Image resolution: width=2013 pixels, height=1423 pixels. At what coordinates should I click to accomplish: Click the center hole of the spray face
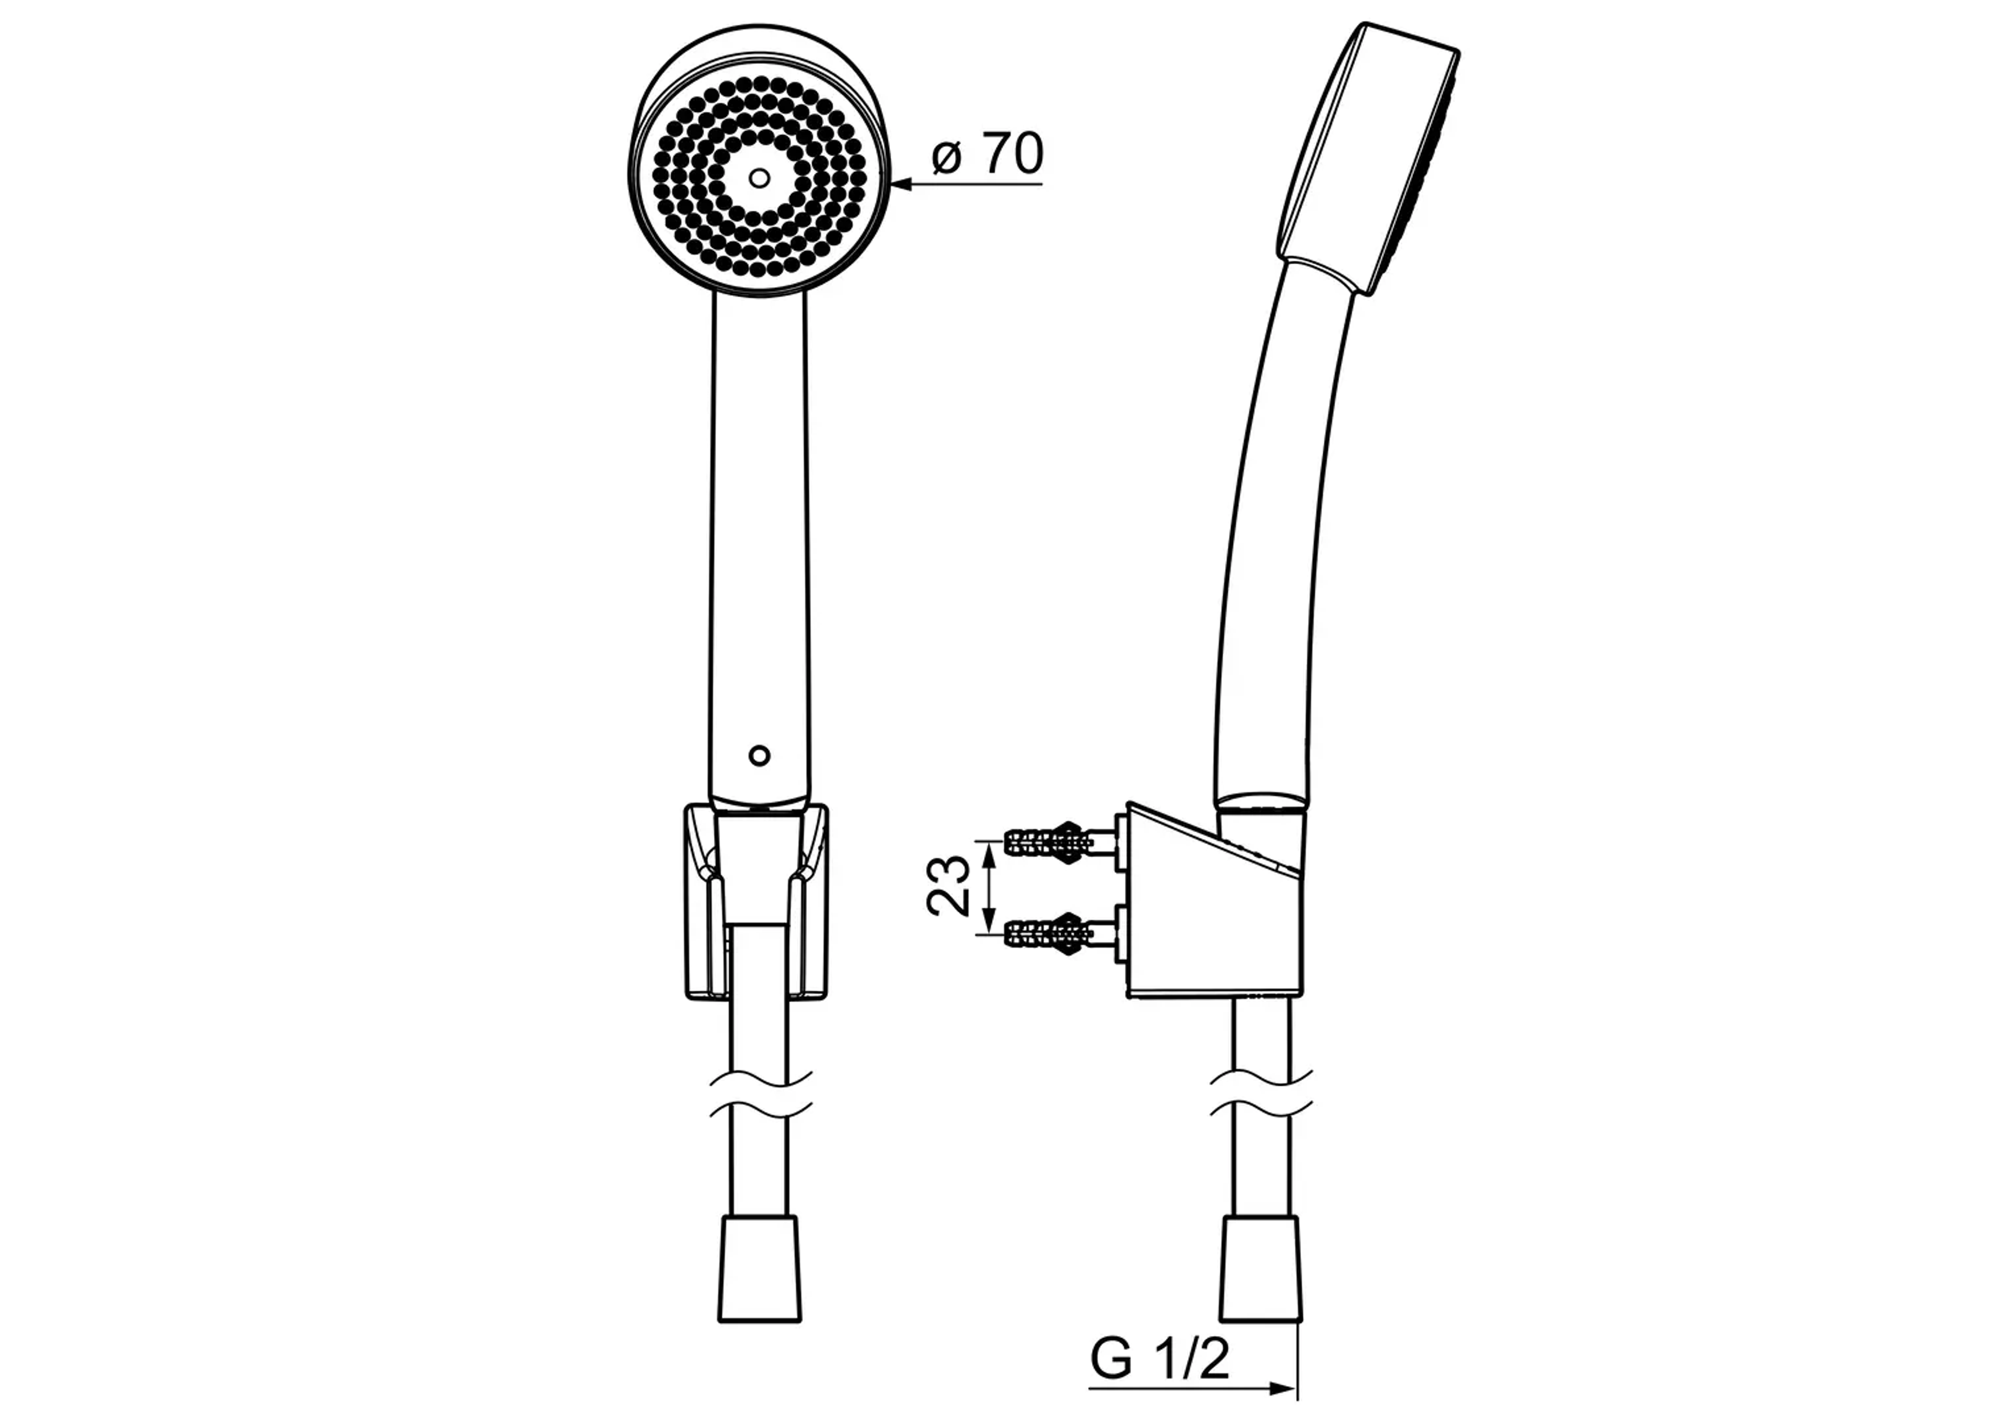759,178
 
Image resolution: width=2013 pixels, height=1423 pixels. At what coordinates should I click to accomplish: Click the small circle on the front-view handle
759,755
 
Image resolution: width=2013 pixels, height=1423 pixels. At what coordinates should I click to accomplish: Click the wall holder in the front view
756,903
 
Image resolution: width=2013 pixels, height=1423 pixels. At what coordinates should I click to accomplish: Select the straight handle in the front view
759,526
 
